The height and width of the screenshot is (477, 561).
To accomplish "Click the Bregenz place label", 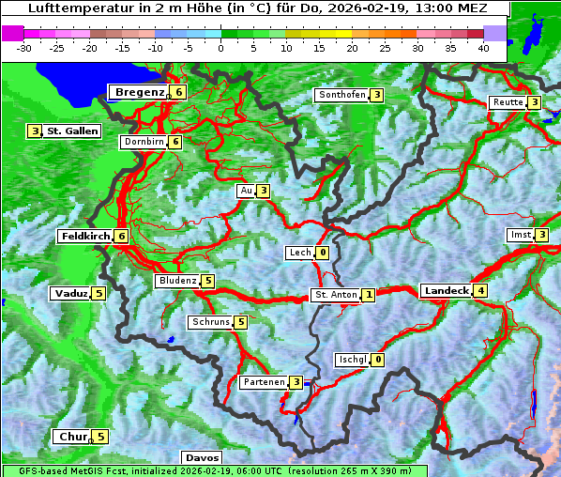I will coord(140,92).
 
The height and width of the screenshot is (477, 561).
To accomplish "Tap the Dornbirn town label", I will coord(144,142).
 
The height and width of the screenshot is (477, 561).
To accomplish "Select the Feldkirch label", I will coord(85,236).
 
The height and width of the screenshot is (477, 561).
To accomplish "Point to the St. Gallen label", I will coord(72,131).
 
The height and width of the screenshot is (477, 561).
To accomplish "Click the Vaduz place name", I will coord(70,293).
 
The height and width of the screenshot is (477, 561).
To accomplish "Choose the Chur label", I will coord(71,437).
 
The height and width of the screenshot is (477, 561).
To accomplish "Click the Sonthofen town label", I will coord(341,95).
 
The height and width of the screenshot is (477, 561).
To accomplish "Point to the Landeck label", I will coord(446,291).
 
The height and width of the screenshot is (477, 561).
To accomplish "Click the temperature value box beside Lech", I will coord(323,253).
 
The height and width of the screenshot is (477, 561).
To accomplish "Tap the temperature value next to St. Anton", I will coord(369,295).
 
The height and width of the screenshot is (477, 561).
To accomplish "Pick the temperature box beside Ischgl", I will coord(378,360).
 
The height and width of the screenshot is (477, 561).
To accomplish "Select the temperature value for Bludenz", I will coord(208,281).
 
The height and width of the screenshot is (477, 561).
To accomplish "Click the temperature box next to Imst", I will coord(542,234).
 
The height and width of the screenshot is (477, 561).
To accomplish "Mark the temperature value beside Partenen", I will coord(296,382).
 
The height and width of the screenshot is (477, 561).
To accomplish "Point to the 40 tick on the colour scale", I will coord(483,47).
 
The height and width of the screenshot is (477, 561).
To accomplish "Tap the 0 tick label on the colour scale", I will coord(220,47).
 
